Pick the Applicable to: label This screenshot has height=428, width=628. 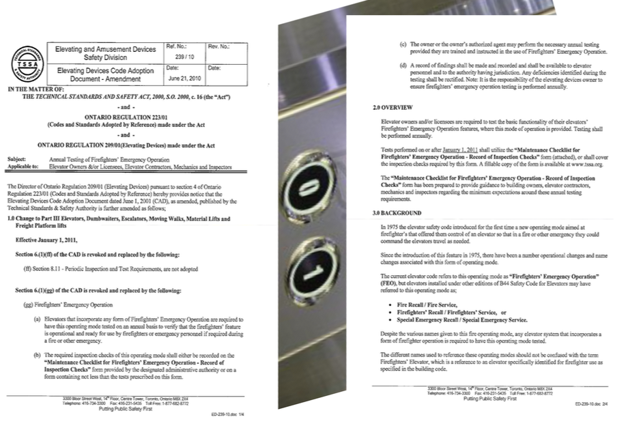coord(22,165)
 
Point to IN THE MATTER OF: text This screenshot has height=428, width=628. coord(38,89)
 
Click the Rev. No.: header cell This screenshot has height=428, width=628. coord(219,46)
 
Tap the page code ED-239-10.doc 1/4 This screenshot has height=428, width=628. coord(231,414)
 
